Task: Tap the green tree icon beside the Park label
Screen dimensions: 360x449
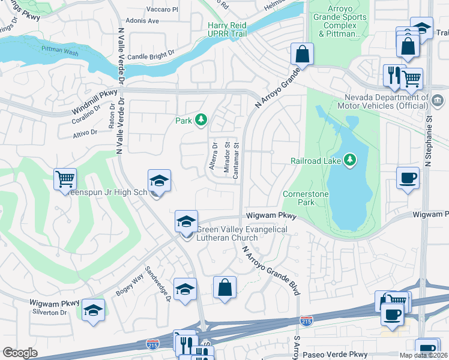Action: coord(200,121)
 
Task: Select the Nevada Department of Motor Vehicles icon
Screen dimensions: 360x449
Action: coord(438,98)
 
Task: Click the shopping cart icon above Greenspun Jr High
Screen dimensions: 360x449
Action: coord(65,178)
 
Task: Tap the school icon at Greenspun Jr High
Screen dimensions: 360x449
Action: coord(159,181)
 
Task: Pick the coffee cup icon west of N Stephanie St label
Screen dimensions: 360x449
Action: coord(408,178)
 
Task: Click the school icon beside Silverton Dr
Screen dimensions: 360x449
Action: coord(93,310)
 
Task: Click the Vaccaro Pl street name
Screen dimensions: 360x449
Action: coord(162,10)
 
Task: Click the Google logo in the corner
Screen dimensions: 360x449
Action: coord(20,353)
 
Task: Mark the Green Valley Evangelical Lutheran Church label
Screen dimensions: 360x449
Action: coord(234,233)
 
